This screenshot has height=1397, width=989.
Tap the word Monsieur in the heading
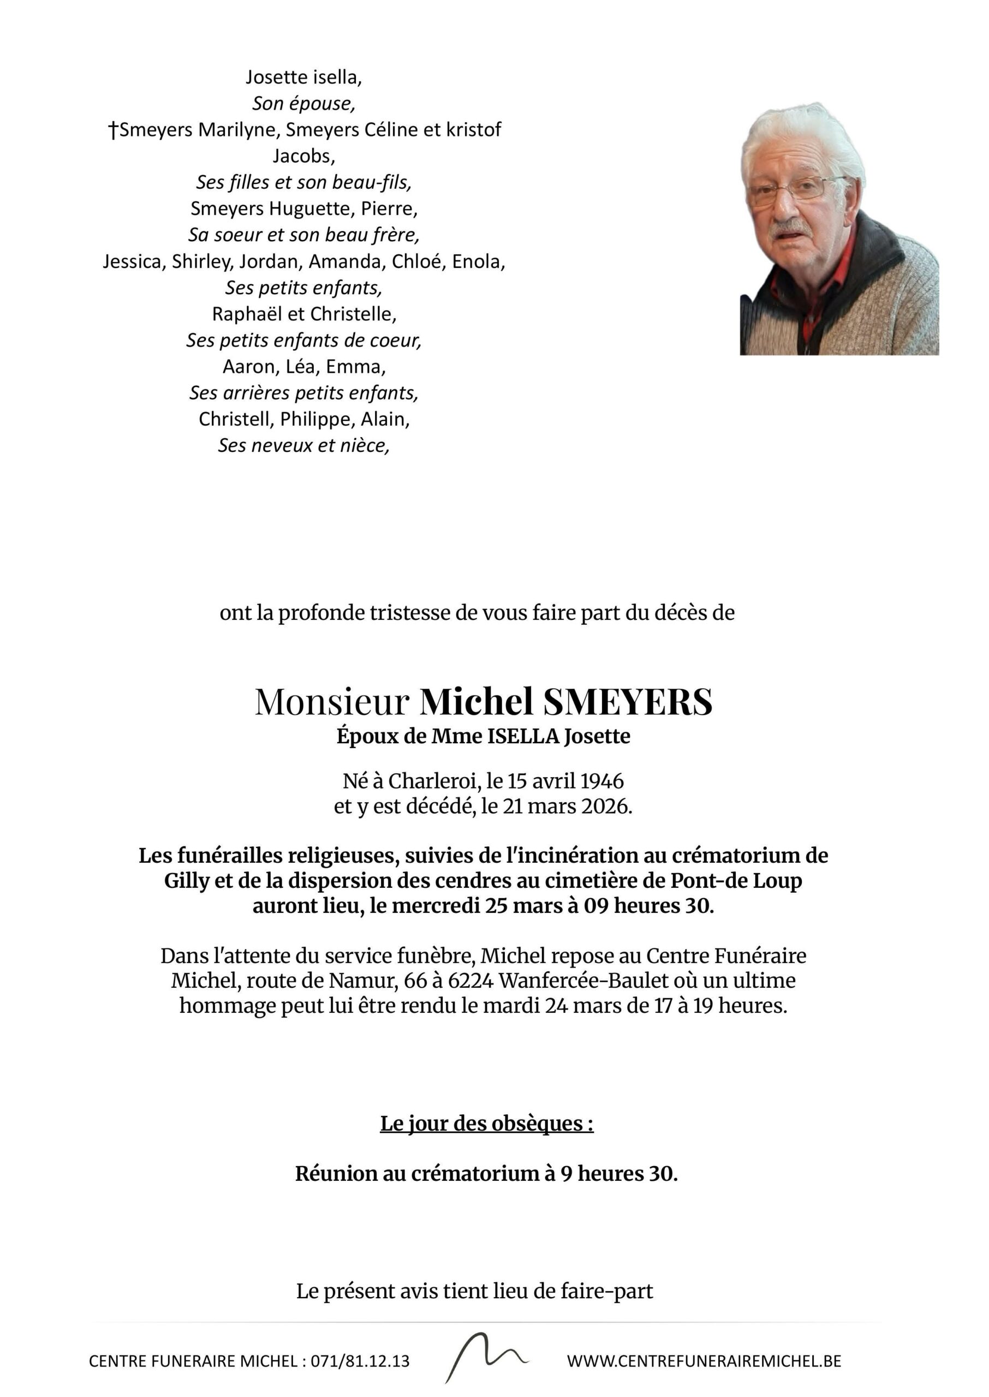331,702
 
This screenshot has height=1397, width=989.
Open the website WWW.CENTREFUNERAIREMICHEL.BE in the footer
704,1361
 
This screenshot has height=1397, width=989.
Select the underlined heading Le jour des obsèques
486,1123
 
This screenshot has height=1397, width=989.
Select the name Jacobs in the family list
304,157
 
